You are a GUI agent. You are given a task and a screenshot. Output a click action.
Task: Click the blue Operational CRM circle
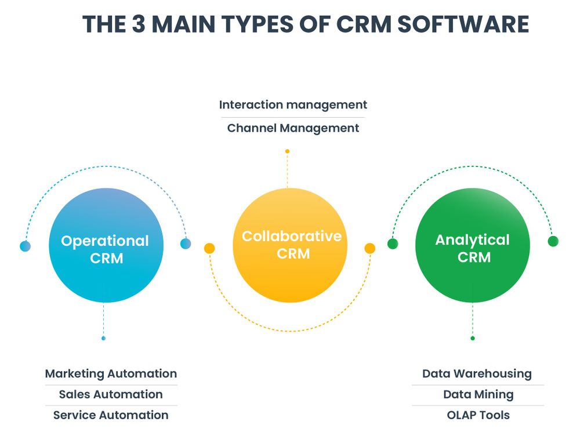106,245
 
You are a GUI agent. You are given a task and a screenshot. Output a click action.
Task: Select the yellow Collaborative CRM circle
290,245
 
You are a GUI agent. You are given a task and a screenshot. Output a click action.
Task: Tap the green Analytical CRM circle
473,245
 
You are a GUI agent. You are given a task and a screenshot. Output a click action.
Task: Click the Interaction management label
293,105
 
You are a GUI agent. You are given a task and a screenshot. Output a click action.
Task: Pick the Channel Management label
293,128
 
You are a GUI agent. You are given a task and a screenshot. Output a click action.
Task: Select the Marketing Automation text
111,374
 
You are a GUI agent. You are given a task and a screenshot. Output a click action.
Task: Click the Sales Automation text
111,394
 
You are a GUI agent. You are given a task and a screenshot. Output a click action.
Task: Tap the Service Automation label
111,415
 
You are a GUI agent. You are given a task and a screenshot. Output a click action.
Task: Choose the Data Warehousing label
477,374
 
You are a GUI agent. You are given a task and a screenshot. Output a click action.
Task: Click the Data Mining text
478,394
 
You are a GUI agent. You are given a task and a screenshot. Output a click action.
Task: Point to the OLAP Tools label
478,415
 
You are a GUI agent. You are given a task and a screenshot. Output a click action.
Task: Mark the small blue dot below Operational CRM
104,338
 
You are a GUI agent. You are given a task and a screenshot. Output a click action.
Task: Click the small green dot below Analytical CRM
473,338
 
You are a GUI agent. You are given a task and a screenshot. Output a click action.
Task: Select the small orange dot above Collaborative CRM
287,151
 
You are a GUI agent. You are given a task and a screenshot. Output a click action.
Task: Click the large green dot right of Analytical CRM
553,241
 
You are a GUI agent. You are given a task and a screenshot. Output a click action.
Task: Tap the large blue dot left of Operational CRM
25,246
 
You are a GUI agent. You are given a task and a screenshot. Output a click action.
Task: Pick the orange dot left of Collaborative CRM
210,248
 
